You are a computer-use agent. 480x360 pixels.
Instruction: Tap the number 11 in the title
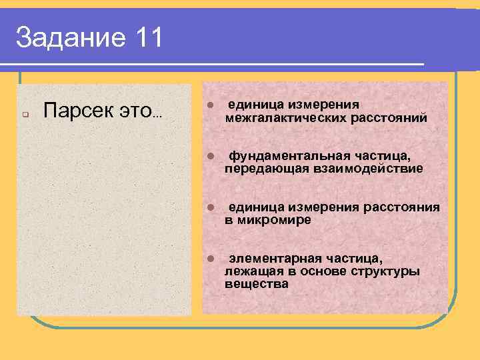(x=147, y=37)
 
